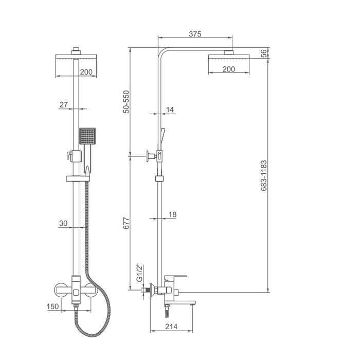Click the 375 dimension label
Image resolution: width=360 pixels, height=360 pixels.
[195, 34]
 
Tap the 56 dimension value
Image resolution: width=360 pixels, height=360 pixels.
[264, 53]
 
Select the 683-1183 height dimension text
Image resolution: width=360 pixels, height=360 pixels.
[264, 176]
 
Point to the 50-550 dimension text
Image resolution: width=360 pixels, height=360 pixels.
[126, 102]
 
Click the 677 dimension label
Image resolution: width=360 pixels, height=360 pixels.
[126, 223]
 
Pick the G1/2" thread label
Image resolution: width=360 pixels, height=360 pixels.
[139, 273]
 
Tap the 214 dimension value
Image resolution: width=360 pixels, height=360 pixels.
[171, 326]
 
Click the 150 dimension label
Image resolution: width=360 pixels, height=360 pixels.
[53, 307]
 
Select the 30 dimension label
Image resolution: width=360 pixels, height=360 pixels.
[63, 223]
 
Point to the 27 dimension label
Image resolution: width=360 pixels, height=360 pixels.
[64, 105]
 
